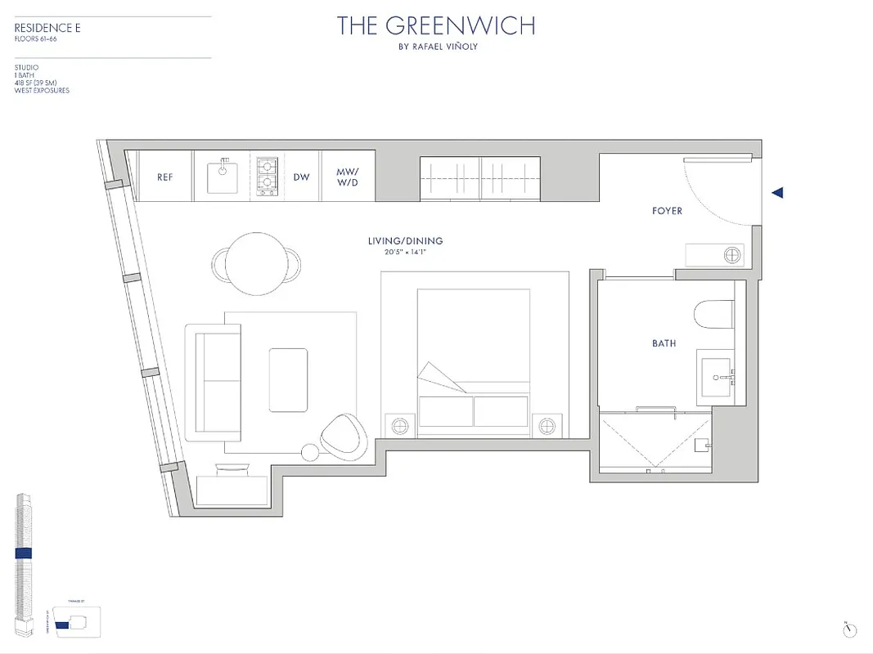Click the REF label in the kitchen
pyautogui.click(x=164, y=177)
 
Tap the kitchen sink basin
pyautogui.click(x=223, y=177)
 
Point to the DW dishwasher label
pyautogui.click(x=302, y=177)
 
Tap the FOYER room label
pyautogui.click(x=667, y=211)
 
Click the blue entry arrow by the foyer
pyautogui.click(x=778, y=193)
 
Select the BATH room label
pyautogui.click(x=664, y=343)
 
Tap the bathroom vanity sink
pyautogui.click(x=720, y=378)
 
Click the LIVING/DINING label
pyautogui.click(x=405, y=240)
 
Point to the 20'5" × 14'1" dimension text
pyautogui.click(x=405, y=252)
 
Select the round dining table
pyautogui.click(x=256, y=262)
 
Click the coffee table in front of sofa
pyautogui.click(x=289, y=380)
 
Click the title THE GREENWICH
pyautogui.click(x=436, y=26)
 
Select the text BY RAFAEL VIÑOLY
pyautogui.click(x=436, y=47)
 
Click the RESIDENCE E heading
pyautogui.click(x=47, y=28)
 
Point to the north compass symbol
pyautogui.click(x=850, y=629)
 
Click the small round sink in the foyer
pyautogui.click(x=731, y=255)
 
